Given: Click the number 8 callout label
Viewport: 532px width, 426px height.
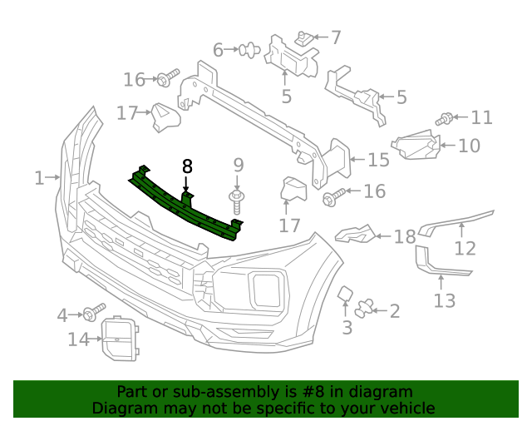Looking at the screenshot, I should tap(187, 166).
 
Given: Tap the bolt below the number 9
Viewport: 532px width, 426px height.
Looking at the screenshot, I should tap(237, 200).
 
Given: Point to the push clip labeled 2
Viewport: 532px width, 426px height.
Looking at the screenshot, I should tap(364, 310).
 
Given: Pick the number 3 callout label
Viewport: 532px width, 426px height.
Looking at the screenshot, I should tap(347, 327).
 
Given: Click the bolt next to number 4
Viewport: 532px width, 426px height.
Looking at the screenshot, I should tap(90, 314).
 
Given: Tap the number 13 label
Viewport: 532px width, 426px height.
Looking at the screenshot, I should tap(445, 300).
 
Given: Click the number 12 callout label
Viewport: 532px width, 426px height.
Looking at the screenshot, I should tap(465, 248).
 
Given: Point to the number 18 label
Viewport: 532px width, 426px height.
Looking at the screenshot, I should tap(405, 237).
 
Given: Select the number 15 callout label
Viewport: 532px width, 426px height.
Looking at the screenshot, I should tap(378, 160).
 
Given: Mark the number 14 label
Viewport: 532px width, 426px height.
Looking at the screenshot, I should tap(78, 339).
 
